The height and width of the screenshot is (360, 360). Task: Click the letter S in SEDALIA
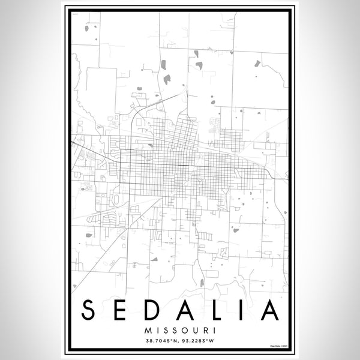[x=88, y=310]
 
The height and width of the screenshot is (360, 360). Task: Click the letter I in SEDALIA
[x=236, y=310]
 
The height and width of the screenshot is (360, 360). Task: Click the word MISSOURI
[x=180, y=330]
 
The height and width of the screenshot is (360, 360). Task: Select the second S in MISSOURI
[x=175, y=330]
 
